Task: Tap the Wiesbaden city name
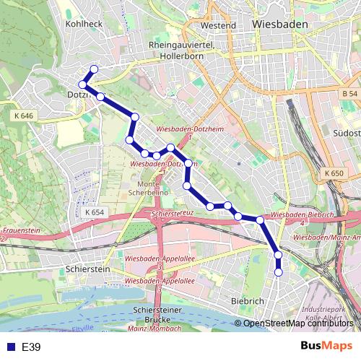pos(281,24)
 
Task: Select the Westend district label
pos(218,25)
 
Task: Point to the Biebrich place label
pos(248,300)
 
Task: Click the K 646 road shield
pos(23,116)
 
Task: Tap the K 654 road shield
pos(94,212)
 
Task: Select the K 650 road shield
pos(334,173)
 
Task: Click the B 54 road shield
pos(349,94)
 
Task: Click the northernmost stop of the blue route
pos(92,70)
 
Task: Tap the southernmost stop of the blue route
pos(279,272)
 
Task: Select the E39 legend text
pos(31,347)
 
